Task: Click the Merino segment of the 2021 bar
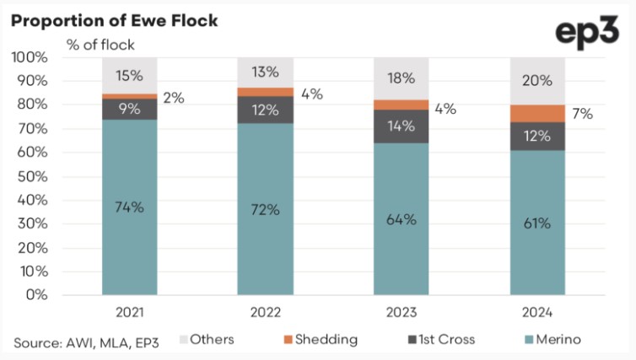pyautogui.click(x=130, y=207)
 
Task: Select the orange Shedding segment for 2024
pyautogui.click(x=536, y=114)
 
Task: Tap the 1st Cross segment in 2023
pyautogui.click(x=401, y=126)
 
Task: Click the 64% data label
pyautogui.click(x=401, y=220)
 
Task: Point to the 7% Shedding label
pyautogui.click(x=582, y=114)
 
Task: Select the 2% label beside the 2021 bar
pyautogui.click(x=173, y=98)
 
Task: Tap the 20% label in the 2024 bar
pyautogui.click(x=536, y=81)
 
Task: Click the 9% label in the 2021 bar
pyautogui.click(x=130, y=108)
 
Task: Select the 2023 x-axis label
pyautogui.click(x=401, y=312)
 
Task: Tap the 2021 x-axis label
pyautogui.click(x=130, y=312)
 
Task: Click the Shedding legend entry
pyautogui.click(x=321, y=340)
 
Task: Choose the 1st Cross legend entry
pyautogui.click(x=440, y=340)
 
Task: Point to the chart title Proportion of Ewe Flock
pyautogui.click(x=114, y=19)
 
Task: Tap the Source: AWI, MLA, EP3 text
pyautogui.click(x=87, y=341)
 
